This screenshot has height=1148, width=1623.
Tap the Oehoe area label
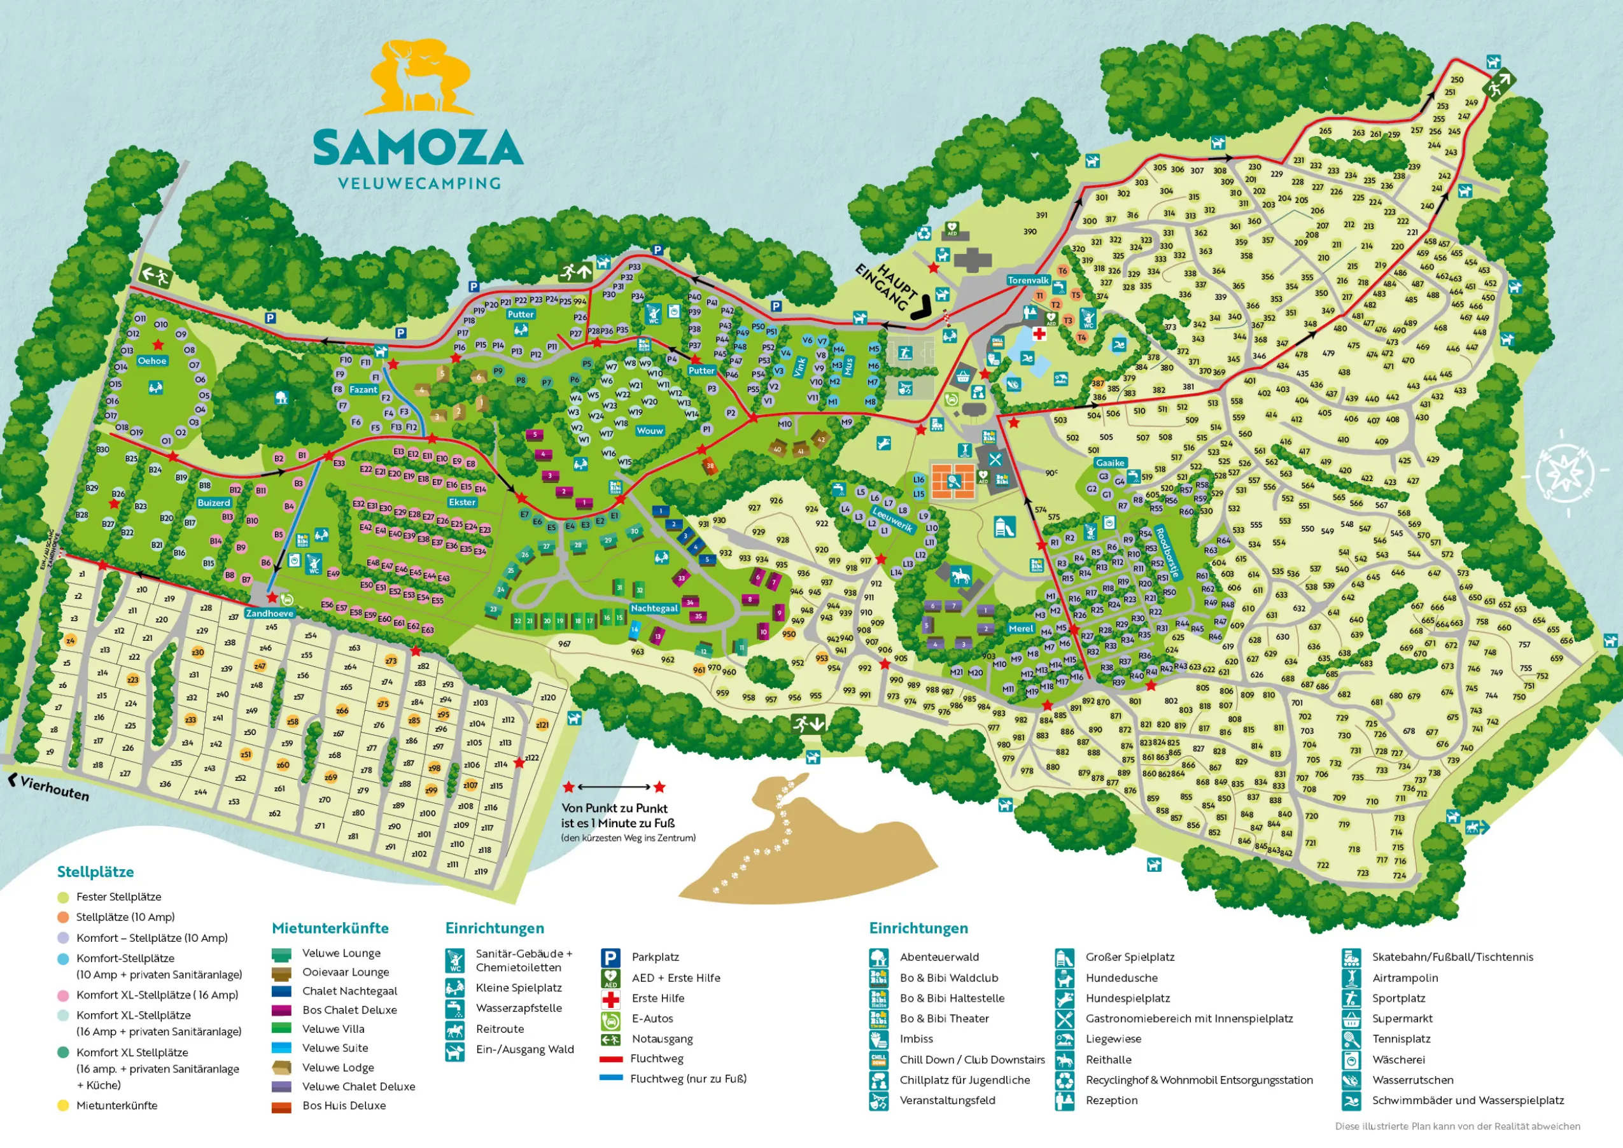[152, 361]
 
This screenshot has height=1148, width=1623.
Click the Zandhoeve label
[269, 613]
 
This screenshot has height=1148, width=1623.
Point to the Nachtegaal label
[654, 608]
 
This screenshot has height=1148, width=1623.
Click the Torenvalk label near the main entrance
[1029, 280]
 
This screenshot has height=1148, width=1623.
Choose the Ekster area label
[462, 502]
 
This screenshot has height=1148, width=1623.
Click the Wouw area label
[650, 430]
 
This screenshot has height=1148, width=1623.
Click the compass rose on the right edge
[1565, 470]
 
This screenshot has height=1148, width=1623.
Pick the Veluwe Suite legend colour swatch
[281, 1047]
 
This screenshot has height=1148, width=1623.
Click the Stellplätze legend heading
[95, 872]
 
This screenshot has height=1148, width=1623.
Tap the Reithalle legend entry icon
[1065, 1060]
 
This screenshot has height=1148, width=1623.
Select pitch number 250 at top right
[1457, 80]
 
